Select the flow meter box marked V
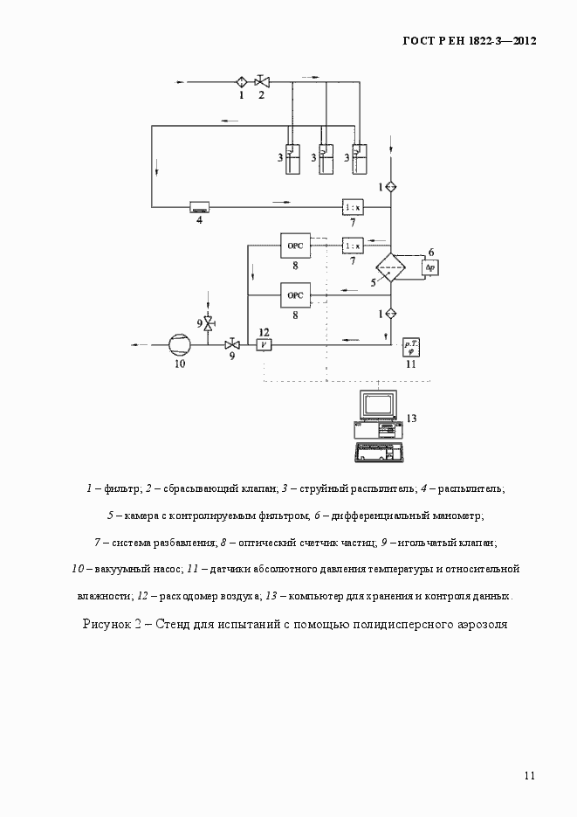[x=263, y=344]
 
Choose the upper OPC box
[x=294, y=246]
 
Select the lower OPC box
[x=294, y=296]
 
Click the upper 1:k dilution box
[x=353, y=207]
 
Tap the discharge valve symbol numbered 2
[x=261, y=82]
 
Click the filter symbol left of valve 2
[x=242, y=82]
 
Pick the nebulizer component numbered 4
[x=200, y=207]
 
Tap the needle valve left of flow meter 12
[x=232, y=344]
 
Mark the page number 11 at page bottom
[x=530, y=775]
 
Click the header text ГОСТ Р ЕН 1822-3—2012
[x=469, y=40]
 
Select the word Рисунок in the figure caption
[x=106, y=624]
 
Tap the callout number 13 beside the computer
[x=412, y=419]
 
